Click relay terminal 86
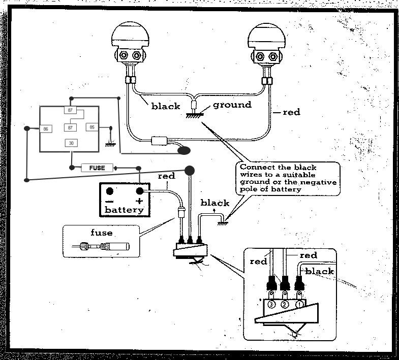click(x=46, y=129)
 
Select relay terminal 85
click(x=92, y=127)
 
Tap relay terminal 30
click(x=71, y=143)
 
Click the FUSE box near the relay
click(x=97, y=168)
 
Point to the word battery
click(x=124, y=210)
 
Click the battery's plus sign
click(x=139, y=201)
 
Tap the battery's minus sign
click(x=109, y=202)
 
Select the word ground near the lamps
click(x=232, y=105)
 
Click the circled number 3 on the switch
click(x=271, y=304)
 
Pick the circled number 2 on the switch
click(x=285, y=304)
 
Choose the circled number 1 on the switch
click(x=299, y=304)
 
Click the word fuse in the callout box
click(x=102, y=233)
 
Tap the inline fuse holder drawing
click(x=101, y=246)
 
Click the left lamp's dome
click(x=130, y=35)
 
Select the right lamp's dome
click(x=266, y=37)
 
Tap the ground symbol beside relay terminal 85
click(x=110, y=144)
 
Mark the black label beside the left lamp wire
click(x=166, y=106)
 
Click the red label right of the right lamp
click(x=292, y=112)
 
